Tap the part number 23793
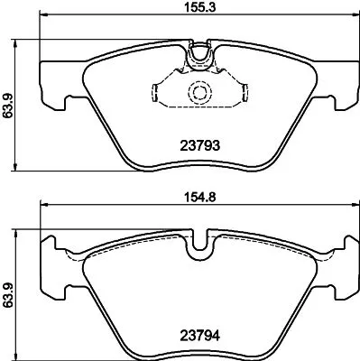pos(198,143)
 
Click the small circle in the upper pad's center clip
pos(198,92)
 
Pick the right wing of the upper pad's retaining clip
pos(239,92)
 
